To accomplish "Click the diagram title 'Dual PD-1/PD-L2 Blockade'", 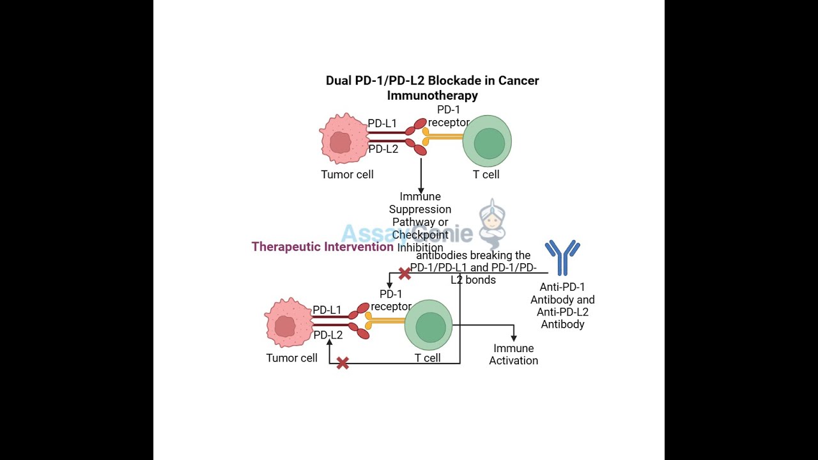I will pyautogui.click(x=432, y=81).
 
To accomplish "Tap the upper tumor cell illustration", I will pyautogui.click(x=343, y=140).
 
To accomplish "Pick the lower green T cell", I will pyautogui.click(x=428, y=326).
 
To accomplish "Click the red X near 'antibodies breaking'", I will pyautogui.click(x=405, y=273).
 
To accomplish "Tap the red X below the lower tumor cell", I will pyautogui.click(x=343, y=364).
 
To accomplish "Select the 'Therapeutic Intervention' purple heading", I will pyautogui.click(x=322, y=247).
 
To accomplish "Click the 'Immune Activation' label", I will pyautogui.click(x=513, y=355).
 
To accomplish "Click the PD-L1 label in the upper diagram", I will pyautogui.click(x=382, y=123).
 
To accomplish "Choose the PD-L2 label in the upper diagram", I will pyautogui.click(x=383, y=149).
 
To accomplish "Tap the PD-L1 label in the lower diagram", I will pyautogui.click(x=327, y=310).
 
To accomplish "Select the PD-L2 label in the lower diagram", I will pyautogui.click(x=328, y=335).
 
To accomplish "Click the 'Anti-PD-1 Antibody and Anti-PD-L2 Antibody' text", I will pyautogui.click(x=562, y=306).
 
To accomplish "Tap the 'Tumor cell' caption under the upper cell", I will pyautogui.click(x=347, y=174).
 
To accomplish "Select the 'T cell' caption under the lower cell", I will pyautogui.click(x=428, y=358).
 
